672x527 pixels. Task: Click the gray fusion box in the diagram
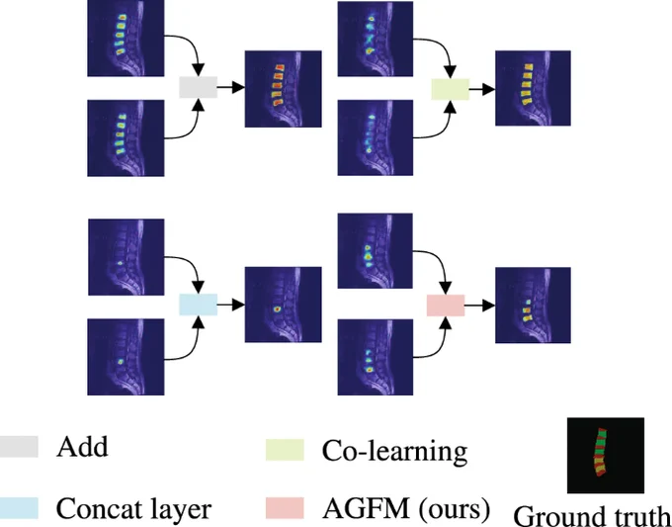(198, 87)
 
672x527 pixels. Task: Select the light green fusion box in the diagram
(450, 89)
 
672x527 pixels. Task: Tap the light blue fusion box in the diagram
(198, 305)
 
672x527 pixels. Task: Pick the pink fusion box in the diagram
(446, 306)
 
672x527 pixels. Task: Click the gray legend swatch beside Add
(19, 447)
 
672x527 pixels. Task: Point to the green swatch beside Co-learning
(285, 450)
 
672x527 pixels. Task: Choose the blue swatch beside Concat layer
(19, 508)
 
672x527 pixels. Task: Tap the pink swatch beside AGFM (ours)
(285, 508)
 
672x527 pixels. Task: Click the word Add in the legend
(82, 447)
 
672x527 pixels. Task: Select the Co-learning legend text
(394, 451)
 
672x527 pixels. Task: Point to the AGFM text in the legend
(366, 508)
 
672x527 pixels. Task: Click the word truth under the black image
(643, 516)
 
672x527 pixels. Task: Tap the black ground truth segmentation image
(606, 456)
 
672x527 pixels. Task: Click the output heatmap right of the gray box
(284, 89)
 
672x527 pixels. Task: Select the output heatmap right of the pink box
(533, 306)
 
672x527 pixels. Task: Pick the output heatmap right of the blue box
(284, 305)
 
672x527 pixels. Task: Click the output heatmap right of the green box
(533, 88)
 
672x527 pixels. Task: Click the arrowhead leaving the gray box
(239, 87)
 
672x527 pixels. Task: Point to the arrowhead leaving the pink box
(489, 306)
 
